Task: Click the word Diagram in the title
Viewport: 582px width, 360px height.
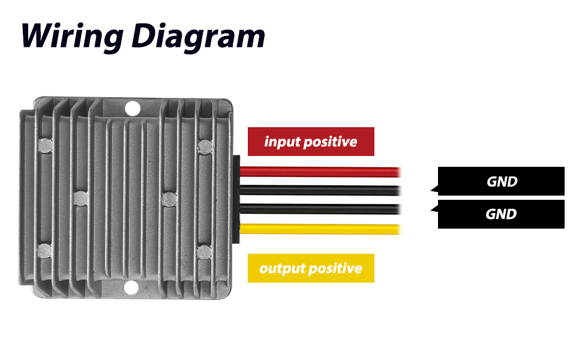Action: (198, 37)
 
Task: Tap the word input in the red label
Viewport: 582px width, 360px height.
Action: (282, 142)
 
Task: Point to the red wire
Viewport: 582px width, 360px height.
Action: (320, 172)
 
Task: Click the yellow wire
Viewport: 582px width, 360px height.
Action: (320, 229)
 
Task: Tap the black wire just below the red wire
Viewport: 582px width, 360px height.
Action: (320, 190)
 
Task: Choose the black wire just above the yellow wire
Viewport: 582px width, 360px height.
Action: (320, 209)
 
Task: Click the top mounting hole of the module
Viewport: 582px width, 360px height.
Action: (133, 109)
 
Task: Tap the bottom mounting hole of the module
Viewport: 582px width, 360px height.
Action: (131, 287)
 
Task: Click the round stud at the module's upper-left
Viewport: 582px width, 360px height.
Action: (45, 145)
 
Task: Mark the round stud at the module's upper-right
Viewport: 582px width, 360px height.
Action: (205, 146)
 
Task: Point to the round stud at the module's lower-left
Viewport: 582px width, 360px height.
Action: (44, 251)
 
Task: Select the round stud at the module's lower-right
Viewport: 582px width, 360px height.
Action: (204, 253)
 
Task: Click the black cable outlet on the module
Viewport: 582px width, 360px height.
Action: (236, 199)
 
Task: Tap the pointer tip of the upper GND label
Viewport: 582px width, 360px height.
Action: (431, 190)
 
